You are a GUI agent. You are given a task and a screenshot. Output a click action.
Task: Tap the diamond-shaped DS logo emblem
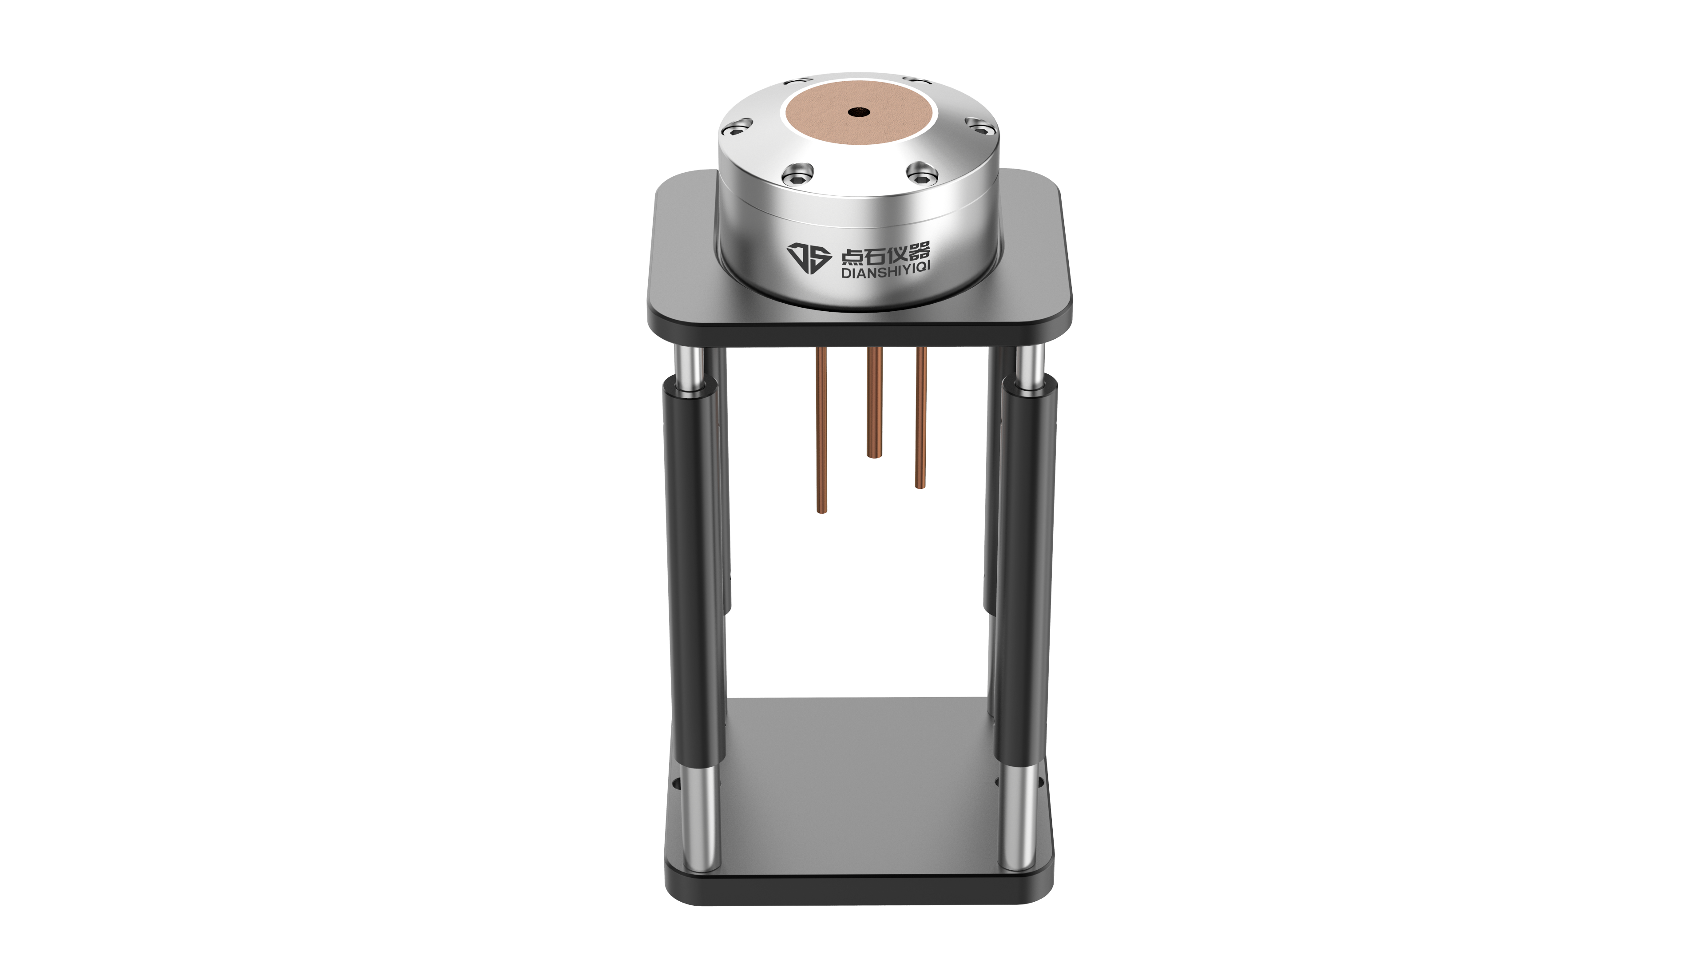(808, 258)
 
